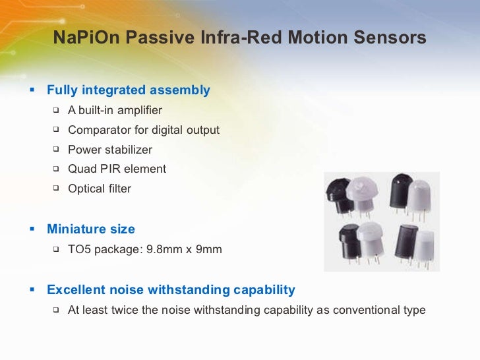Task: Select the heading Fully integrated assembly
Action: coord(129,90)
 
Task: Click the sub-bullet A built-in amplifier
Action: coord(115,110)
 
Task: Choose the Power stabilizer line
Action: coord(110,150)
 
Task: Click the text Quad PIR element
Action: coord(117,169)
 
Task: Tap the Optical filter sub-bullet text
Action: coord(100,189)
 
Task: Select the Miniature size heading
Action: coord(91,229)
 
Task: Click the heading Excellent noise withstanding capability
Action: coord(171,290)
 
